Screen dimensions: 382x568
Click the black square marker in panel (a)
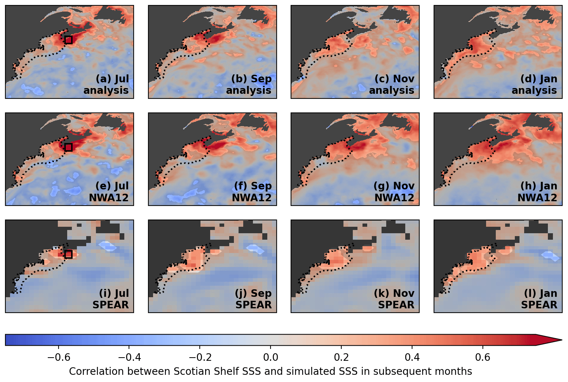click(69, 40)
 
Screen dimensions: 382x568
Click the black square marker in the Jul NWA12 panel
click(69, 147)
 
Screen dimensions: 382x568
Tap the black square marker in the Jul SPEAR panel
click(69, 254)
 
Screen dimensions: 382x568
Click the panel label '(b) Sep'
click(251, 79)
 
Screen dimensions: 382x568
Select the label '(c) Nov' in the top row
click(394, 79)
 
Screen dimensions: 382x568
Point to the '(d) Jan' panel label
click(539, 79)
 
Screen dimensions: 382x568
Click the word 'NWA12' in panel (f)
click(251, 198)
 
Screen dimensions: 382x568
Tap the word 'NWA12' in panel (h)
click(537, 198)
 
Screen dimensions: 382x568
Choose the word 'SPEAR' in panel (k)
click(396, 305)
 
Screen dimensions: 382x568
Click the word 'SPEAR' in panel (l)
click(539, 305)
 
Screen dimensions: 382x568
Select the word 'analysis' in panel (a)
click(106, 90)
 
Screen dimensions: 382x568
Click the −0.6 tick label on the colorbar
click(59, 357)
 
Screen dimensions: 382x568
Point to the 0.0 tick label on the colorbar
click(271, 357)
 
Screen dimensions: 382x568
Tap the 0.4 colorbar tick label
click(412, 357)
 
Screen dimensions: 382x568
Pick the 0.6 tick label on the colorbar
click(482, 357)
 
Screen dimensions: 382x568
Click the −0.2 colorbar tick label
click(200, 357)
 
